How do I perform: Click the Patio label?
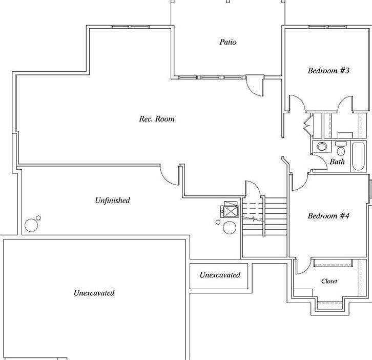228,42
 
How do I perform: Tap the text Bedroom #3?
328,70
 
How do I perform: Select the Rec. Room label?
157,119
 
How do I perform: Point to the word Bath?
337,162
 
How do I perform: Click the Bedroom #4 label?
328,216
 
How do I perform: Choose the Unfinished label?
112,201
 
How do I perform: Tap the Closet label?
329,281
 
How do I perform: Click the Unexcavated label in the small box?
220,275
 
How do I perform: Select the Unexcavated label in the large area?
94,293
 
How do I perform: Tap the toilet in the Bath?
341,150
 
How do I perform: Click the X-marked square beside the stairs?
231,211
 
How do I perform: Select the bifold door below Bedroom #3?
308,123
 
